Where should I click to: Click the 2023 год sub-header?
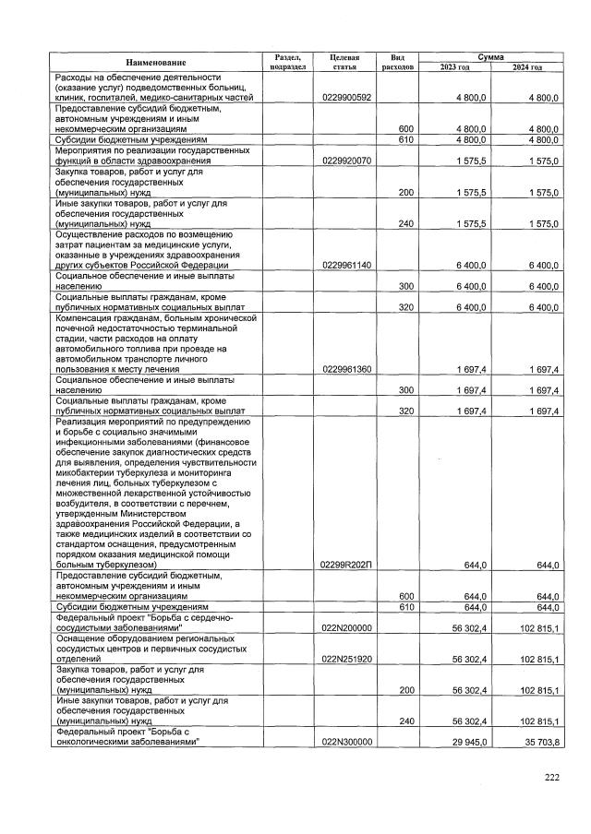coord(454,67)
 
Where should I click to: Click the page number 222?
coord(552,778)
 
